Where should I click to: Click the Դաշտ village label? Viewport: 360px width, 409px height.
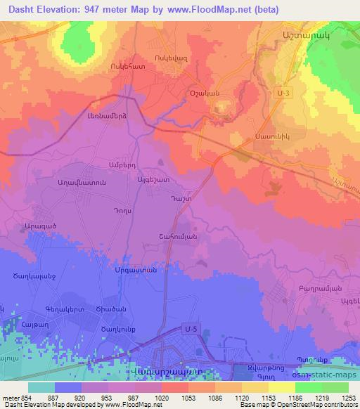click(x=180, y=199)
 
